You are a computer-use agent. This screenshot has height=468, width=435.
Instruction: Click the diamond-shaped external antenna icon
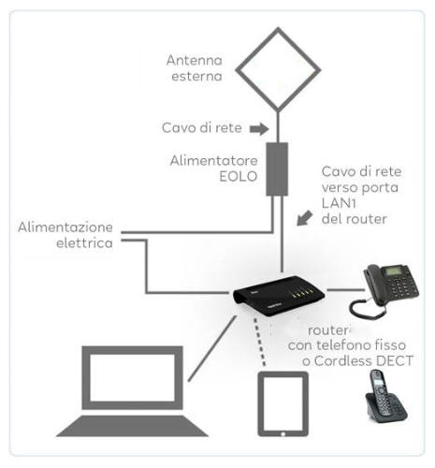tap(237, 70)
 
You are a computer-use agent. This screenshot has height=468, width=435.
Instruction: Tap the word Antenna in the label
tap(195, 60)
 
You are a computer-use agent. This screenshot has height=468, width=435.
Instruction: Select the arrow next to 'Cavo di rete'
tap(259, 128)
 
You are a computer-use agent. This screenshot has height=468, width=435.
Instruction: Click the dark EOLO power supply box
tap(277, 169)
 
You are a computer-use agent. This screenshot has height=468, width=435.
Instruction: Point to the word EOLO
tap(239, 177)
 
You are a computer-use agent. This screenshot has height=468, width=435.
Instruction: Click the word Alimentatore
tap(214, 161)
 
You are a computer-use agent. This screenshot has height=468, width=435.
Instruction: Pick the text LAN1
tap(339, 203)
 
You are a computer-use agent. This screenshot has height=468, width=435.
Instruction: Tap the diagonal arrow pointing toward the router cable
tap(304, 218)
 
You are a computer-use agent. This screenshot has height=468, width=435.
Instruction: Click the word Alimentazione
tap(65, 227)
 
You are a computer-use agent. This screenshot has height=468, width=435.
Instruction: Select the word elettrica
tap(84, 243)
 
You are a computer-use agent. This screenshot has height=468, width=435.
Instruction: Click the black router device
tap(279, 296)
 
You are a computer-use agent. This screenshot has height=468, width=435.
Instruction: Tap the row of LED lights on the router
tap(301, 294)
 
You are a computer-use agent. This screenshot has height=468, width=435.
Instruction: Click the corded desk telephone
tap(384, 290)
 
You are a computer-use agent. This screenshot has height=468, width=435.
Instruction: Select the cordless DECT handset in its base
tap(385, 396)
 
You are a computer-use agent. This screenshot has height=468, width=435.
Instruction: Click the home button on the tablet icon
tap(283, 433)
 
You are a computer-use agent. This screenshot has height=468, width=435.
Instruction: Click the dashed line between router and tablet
tap(259, 342)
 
